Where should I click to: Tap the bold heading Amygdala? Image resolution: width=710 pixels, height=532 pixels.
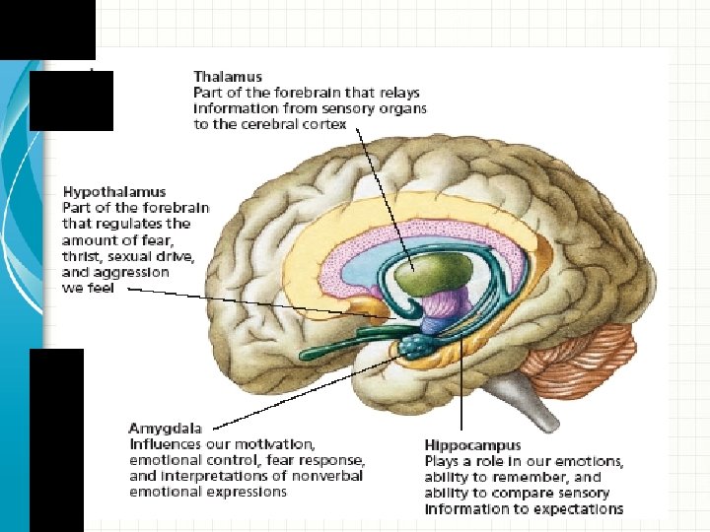(x=166, y=429)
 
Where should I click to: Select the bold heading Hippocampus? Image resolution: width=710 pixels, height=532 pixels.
(x=472, y=445)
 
